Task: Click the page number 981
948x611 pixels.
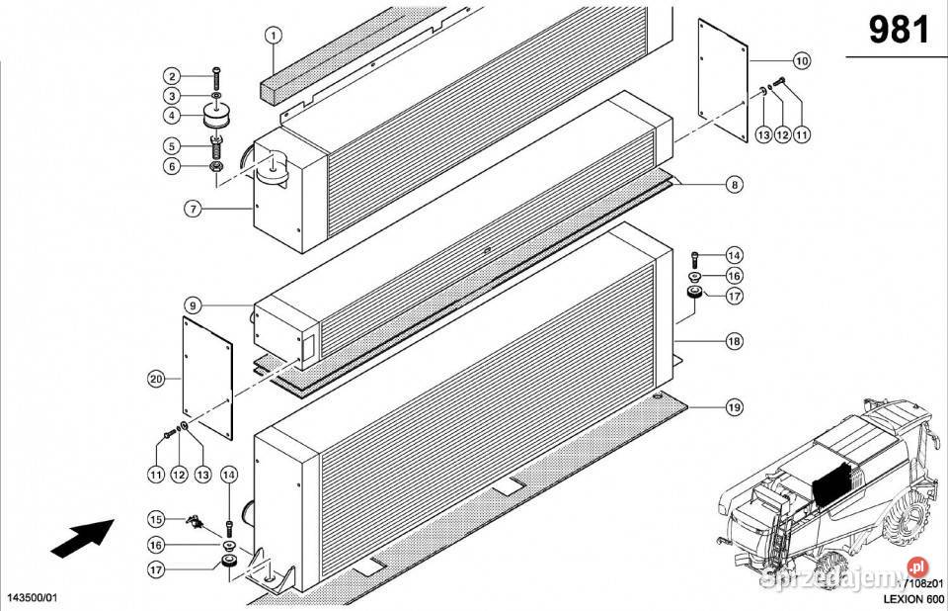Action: pos(898,31)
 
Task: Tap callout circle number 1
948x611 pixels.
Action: pos(274,38)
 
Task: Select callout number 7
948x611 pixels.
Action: pos(192,208)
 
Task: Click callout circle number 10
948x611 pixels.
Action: pos(801,61)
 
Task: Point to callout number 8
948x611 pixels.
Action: pos(734,184)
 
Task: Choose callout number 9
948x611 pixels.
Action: pos(192,305)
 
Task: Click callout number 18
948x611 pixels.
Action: pos(734,342)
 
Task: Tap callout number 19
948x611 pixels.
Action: pos(734,406)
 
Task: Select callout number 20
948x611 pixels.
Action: pos(155,379)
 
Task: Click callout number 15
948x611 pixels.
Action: pos(156,519)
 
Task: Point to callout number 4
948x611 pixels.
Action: pos(172,117)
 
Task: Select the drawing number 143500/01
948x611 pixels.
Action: pos(33,598)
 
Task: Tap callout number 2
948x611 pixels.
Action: pos(172,77)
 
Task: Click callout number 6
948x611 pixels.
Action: pos(172,166)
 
